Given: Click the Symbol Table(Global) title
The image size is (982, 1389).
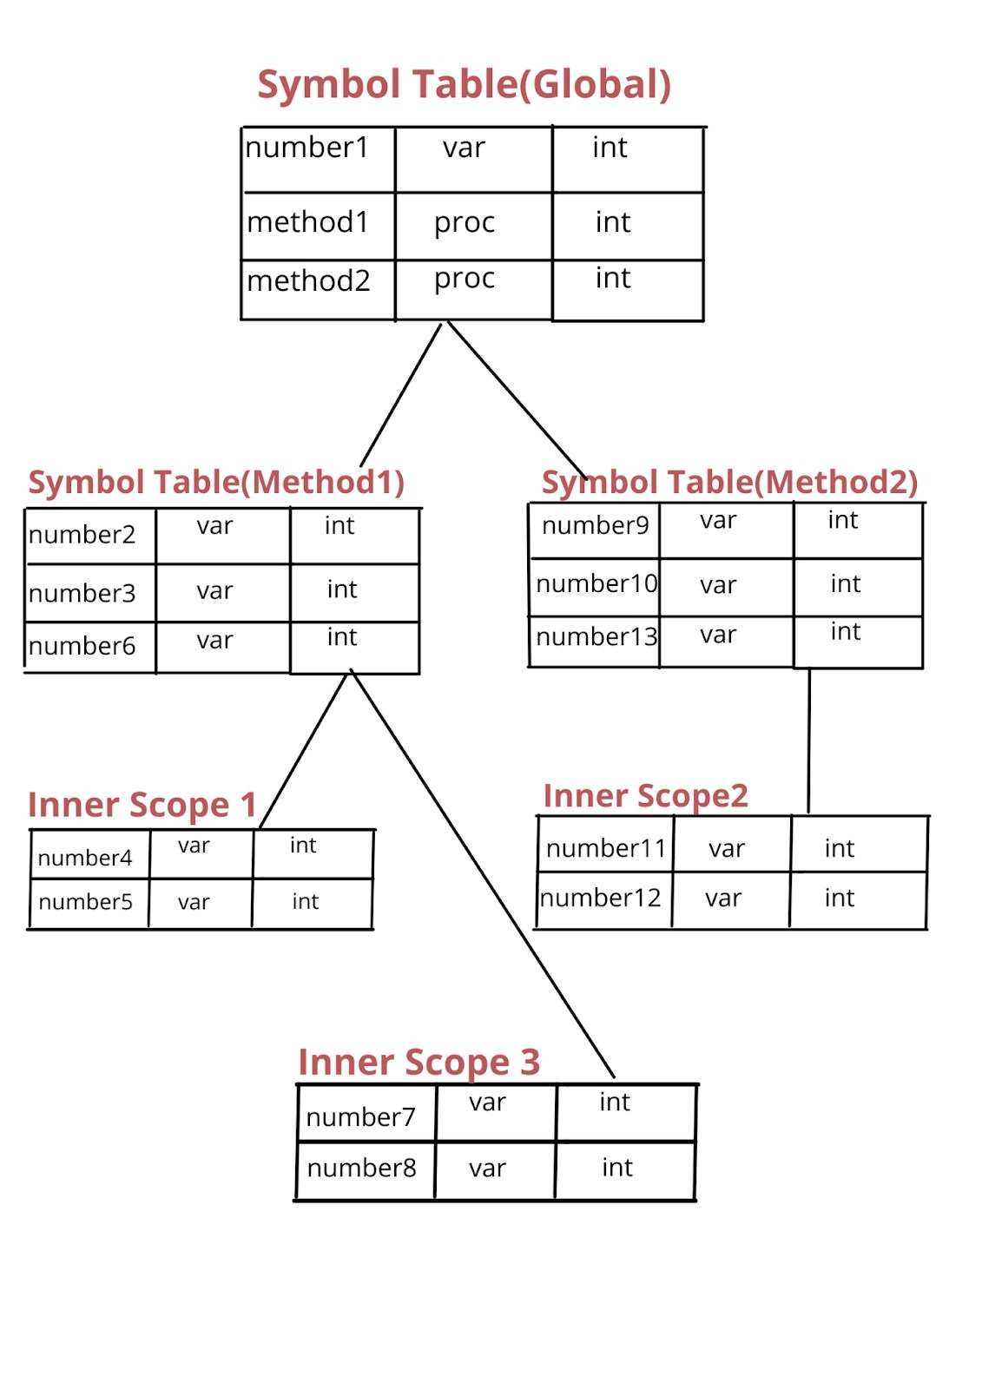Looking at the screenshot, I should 464,85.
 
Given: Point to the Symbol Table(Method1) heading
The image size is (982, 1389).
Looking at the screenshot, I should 216,482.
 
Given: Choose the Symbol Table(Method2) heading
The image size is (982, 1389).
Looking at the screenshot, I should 729,482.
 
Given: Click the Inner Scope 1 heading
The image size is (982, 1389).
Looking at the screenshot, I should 142,805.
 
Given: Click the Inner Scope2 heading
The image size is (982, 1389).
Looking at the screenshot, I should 645,795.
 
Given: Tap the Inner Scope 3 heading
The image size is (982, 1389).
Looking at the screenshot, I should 419,1062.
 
